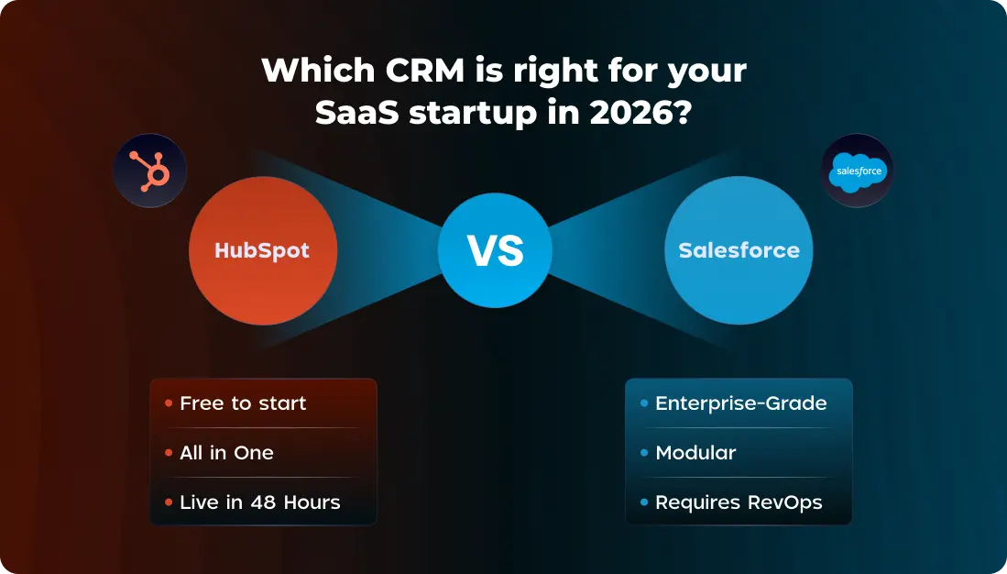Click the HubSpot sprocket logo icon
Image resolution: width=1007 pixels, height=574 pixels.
(x=149, y=171)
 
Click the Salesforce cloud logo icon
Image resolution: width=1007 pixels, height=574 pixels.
(x=856, y=171)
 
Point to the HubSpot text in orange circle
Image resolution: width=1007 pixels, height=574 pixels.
(x=262, y=250)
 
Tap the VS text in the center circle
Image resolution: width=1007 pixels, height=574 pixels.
(x=495, y=250)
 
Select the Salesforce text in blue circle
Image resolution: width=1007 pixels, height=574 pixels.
(x=739, y=250)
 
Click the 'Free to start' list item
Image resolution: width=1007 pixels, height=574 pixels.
(x=243, y=403)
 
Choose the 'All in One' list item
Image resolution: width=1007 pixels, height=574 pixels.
(x=226, y=453)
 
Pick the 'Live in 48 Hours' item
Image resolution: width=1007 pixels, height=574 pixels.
(x=259, y=502)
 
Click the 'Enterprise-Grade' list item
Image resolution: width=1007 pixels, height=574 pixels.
(x=740, y=403)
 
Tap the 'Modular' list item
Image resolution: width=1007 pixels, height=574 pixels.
(x=695, y=453)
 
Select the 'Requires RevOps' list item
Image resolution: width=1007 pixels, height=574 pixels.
(x=739, y=502)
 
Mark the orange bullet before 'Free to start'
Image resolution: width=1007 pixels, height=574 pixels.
(x=169, y=403)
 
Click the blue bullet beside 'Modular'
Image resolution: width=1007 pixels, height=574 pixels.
(x=644, y=453)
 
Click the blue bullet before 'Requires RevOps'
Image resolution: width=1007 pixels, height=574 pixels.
(x=644, y=502)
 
